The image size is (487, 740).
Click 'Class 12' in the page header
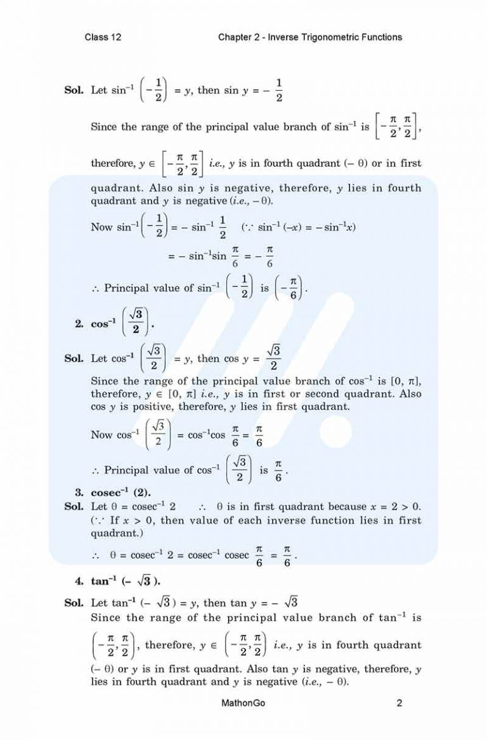pyautogui.click(x=103, y=37)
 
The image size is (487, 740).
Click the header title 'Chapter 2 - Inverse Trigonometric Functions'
pyautogui.click(x=309, y=37)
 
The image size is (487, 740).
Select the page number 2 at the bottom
pyautogui.click(x=399, y=703)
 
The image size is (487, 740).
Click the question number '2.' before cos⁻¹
pyautogui.click(x=79, y=324)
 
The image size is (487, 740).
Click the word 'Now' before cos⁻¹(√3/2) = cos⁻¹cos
pyautogui.click(x=101, y=435)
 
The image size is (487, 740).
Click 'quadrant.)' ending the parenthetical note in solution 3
pyautogui.click(x=117, y=533)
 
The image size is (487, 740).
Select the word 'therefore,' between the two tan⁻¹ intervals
pyautogui.click(x=171, y=646)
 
